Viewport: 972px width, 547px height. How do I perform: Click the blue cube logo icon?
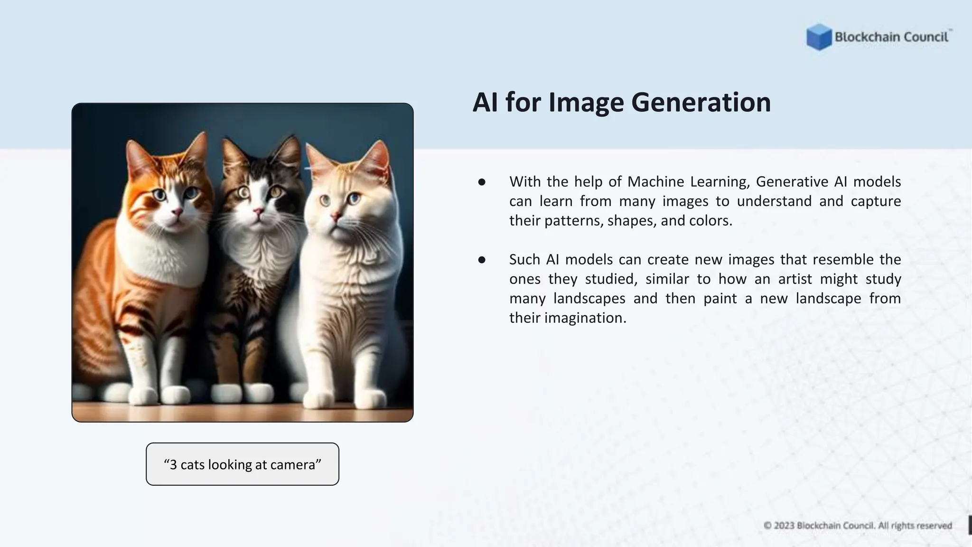tap(819, 37)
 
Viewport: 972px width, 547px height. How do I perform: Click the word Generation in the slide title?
tap(701, 102)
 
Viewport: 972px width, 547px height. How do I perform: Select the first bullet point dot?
tap(482, 182)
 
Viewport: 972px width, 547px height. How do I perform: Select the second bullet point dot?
tap(482, 260)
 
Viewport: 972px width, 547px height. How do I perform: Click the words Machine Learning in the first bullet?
tap(687, 181)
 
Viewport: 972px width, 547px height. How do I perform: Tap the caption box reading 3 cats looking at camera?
tap(243, 464)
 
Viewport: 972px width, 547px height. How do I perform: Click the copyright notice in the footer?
tap(858, 526)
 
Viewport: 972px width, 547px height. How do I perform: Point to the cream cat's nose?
tap(335, 217)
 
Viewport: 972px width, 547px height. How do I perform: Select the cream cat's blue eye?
tap(353, 198)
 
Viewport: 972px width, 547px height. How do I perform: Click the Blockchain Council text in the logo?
tap(891, 37)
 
